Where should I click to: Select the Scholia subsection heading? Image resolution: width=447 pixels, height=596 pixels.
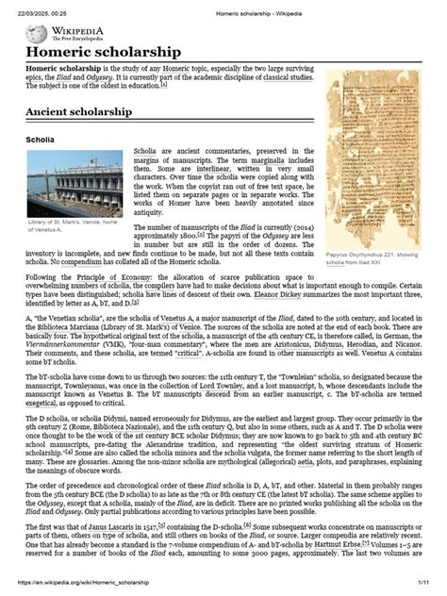(x=43, y=141)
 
